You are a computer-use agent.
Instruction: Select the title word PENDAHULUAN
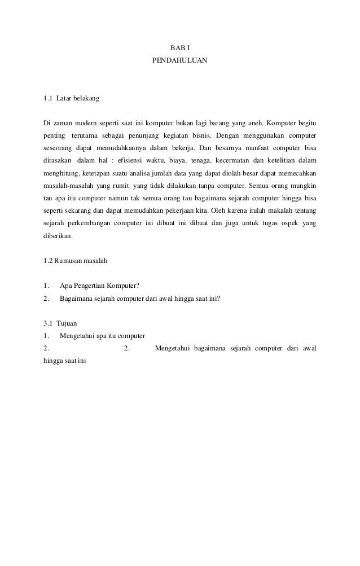pos(179,59)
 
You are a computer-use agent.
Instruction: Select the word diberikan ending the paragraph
pos(58,236)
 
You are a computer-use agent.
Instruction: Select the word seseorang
pos(60,148)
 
